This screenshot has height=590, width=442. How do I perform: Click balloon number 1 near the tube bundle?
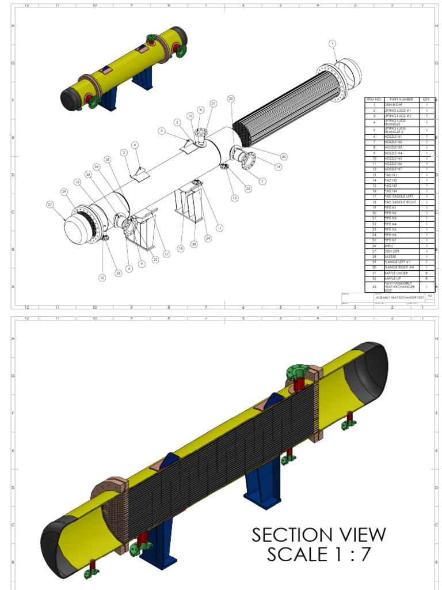tap(332, 43)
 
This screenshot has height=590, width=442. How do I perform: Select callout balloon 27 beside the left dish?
tap(50, 205)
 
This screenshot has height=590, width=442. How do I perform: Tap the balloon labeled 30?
tap(284, 157)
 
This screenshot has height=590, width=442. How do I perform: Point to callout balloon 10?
tap(102, 278)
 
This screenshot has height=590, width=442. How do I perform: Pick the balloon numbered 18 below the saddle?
tap(181, 248)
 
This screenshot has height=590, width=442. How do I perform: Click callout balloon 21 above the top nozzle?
tap(213, 104)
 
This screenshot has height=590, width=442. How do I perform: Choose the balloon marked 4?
tap(135, 145)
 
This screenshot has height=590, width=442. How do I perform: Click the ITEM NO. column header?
tap(374, 99)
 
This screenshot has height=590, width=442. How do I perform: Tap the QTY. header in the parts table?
tap(426, 99)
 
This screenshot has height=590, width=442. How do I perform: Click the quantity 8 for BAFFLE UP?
tap(426, 278)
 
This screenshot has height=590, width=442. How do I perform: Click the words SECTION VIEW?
tap(318, 535)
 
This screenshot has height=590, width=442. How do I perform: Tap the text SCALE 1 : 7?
tap(318, 555)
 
